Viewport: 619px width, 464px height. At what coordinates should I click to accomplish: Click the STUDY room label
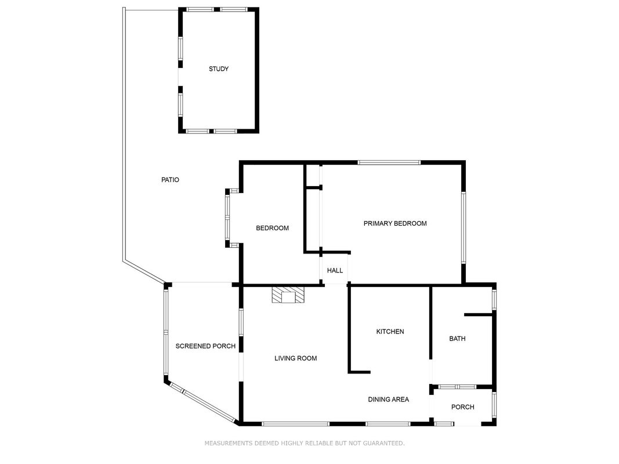tap(218, 69)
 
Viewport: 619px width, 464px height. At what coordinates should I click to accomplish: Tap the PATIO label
tap(170, 180)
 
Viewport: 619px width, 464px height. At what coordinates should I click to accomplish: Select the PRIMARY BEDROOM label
tap(394, 223)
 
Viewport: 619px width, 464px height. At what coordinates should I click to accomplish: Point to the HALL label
tap(335, 271)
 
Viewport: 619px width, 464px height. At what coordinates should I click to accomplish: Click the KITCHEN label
tap(390, 332)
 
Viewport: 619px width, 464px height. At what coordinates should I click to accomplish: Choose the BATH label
tap(457, 339)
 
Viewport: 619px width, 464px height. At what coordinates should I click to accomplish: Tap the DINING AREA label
tap(389, 399)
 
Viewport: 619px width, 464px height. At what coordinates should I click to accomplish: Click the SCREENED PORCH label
tap(205, 346)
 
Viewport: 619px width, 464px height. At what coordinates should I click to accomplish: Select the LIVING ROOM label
tap(296, 358)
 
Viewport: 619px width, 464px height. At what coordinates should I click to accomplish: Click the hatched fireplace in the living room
tap(288, 295)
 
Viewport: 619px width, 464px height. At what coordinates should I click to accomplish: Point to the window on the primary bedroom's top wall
tap(389, 162)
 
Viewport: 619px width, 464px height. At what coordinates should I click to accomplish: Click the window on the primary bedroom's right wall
tap(464, 228)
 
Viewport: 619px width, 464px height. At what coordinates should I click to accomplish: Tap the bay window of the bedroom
tap(228, 218)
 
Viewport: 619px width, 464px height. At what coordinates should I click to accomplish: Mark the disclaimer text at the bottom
tap(305, 443)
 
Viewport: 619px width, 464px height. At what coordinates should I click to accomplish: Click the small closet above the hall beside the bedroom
tap(313, 175)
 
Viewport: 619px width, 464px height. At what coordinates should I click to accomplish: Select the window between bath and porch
tap(457, 387)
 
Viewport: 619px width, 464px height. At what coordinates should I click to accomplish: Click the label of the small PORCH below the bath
tap(463, 407)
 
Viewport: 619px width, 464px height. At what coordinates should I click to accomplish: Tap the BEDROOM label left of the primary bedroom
tap(273, 228)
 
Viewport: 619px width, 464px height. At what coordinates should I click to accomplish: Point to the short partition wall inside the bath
tap(478, 314)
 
